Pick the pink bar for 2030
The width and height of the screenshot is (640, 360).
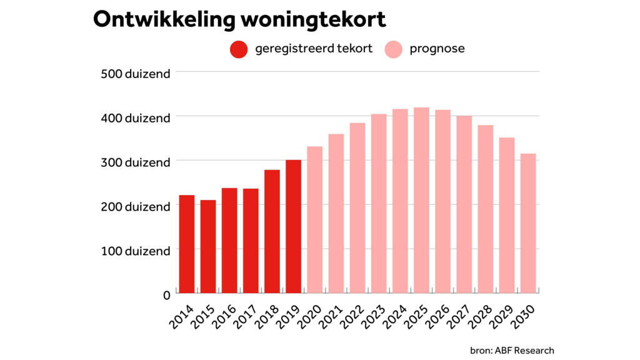point(528,223)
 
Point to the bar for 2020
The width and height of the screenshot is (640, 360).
point(314,219)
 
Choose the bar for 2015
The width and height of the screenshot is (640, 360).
point(208,246)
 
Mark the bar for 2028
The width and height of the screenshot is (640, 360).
point(486,209)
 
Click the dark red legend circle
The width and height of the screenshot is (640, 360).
point(239,49)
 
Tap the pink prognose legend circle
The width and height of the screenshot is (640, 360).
point(393,49)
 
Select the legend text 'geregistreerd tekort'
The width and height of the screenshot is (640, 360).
point(314,49)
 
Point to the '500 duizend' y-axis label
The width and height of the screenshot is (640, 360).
point(135,74)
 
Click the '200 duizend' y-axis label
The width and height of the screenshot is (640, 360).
point(135,206)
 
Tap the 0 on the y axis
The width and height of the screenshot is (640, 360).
point(167,294)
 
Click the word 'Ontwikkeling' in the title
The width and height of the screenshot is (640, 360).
point(163,19)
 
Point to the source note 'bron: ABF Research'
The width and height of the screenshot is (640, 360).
point(512,350)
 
